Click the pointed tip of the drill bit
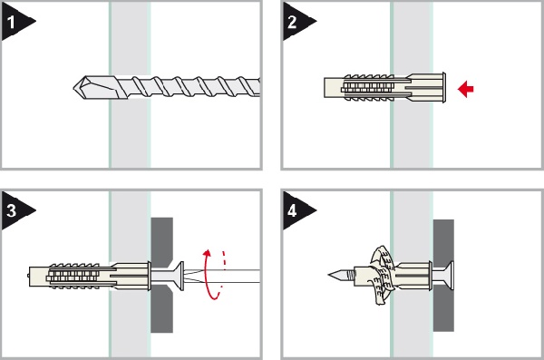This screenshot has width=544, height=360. point(73,87)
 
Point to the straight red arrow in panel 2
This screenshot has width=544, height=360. point(466,89)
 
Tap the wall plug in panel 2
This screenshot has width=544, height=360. point(384,87)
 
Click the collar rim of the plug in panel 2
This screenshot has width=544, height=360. point(443,87)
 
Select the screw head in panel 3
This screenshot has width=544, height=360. point(179,276)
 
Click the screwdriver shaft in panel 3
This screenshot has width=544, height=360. point(222,277)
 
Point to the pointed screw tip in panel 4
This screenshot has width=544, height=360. point(333,275)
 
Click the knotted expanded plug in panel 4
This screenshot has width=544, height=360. point(383,275)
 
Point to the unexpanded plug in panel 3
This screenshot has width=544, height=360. point(90,277)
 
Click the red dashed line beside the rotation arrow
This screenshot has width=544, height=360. point(225,260)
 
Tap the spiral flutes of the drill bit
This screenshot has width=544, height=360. point(194,87)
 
